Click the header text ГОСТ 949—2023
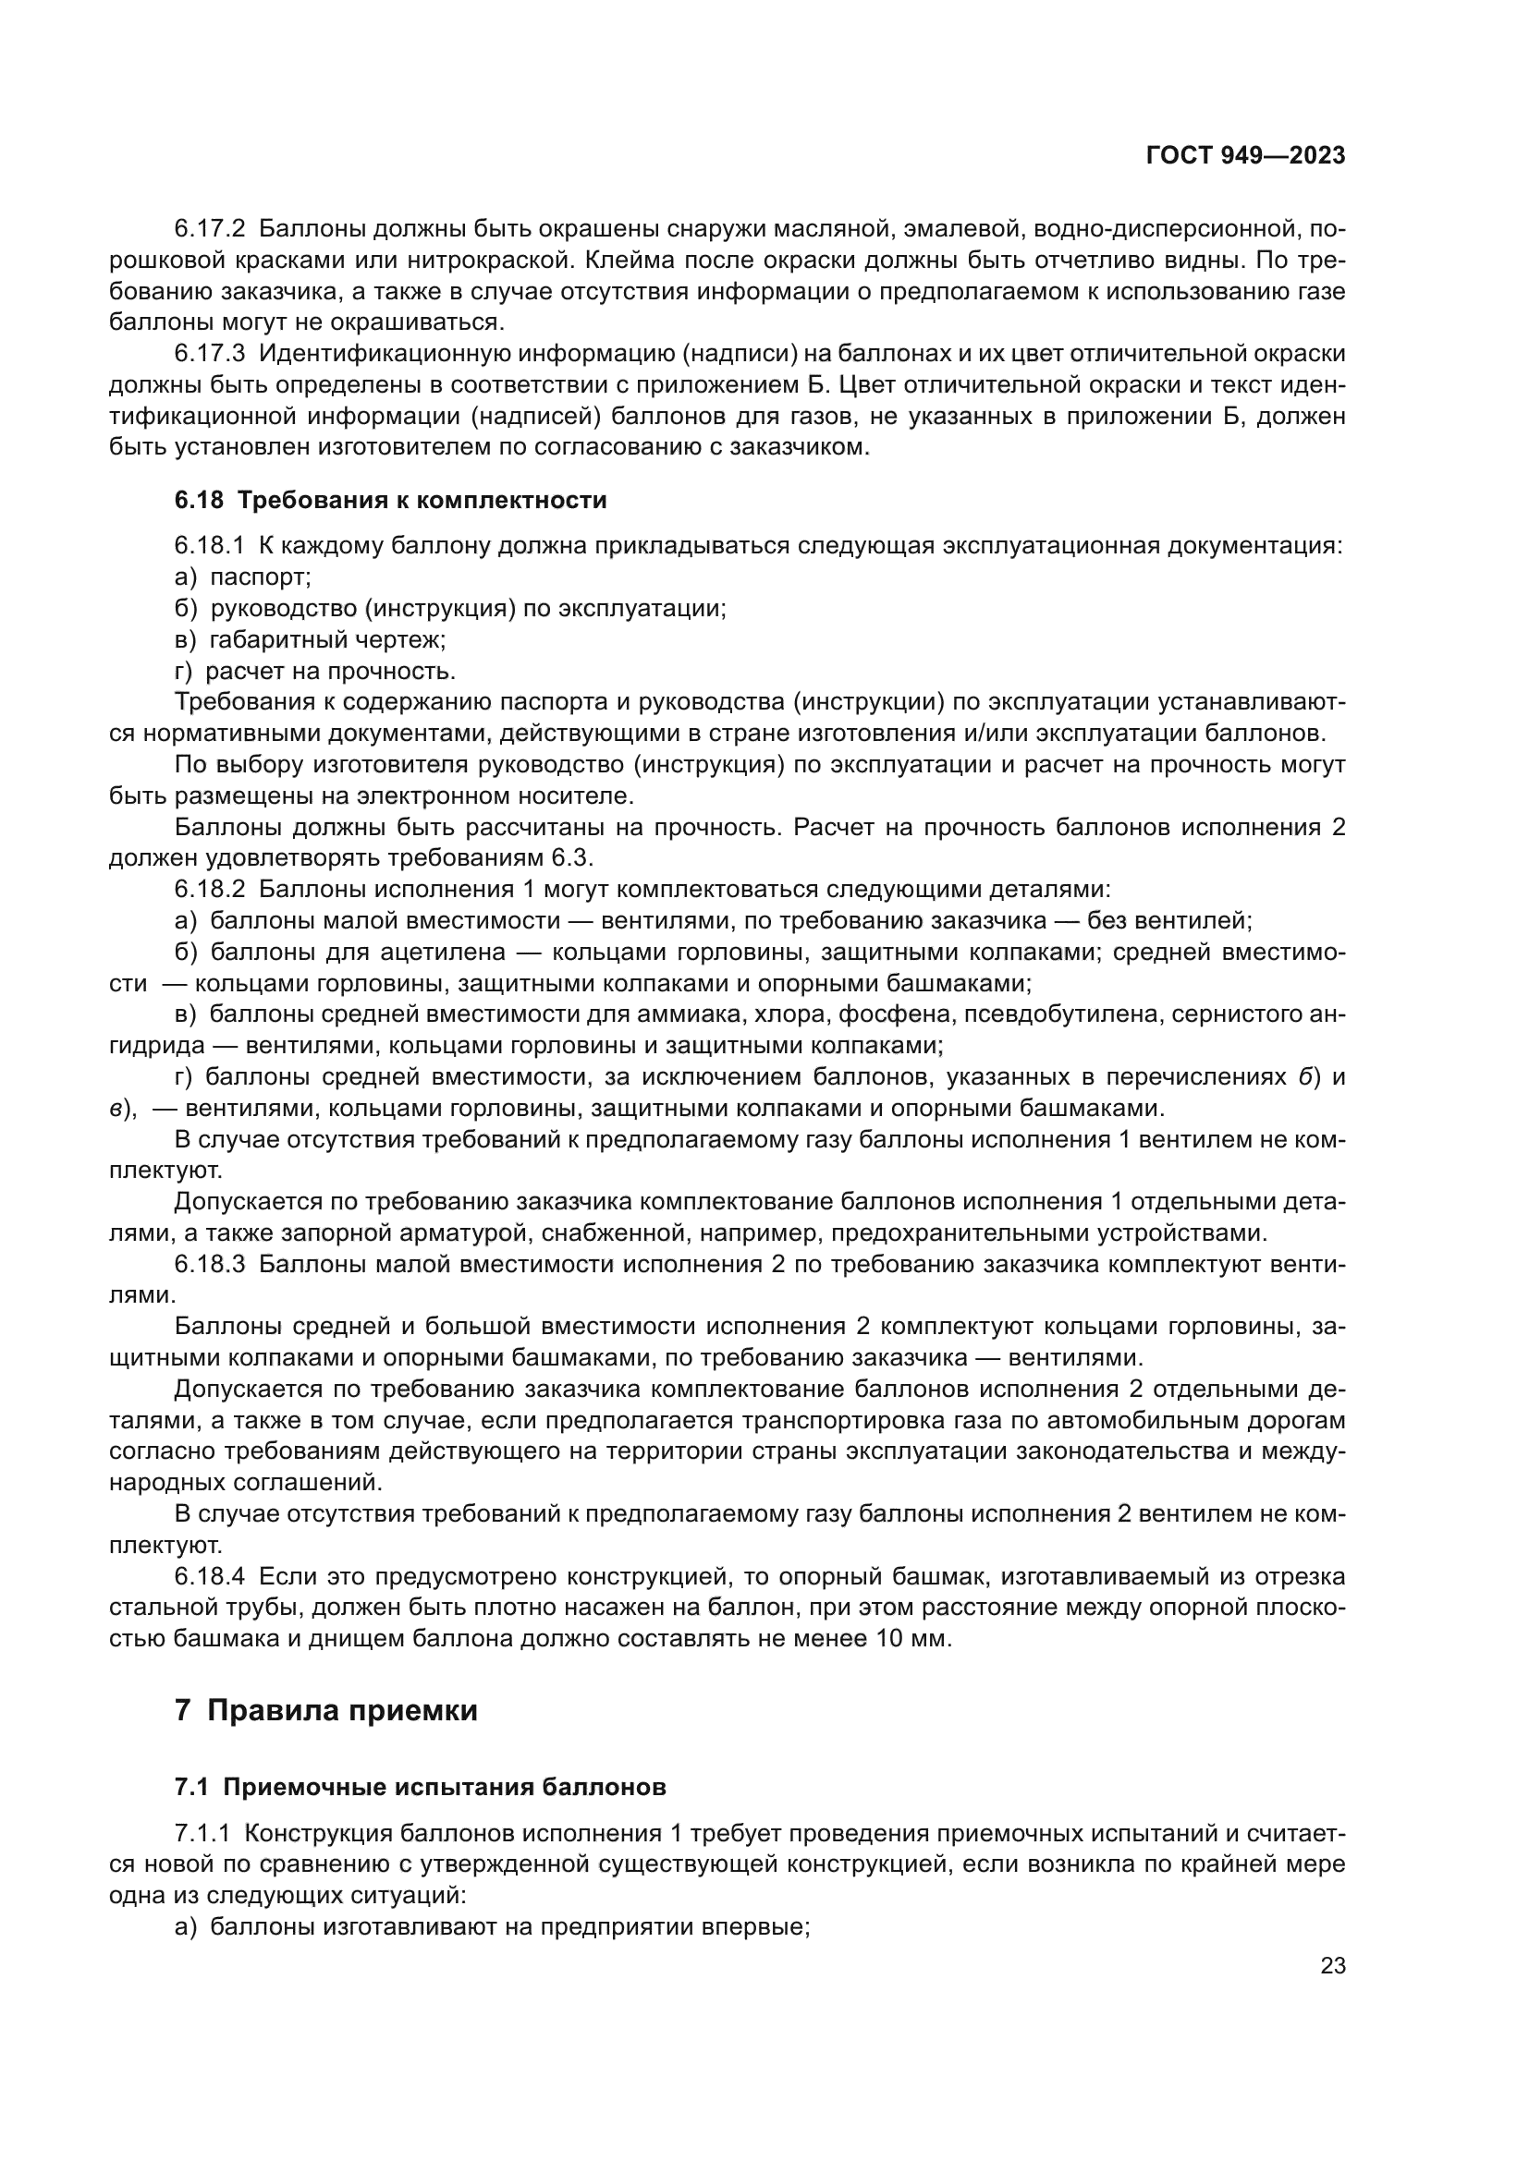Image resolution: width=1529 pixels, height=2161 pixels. pyautogui.click(x=1244, y=156)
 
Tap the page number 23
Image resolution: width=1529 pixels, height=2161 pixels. pyautogui.click(x=1332, y=1966)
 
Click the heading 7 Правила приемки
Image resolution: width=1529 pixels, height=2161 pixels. pyautogui.click(x=325, y=1710)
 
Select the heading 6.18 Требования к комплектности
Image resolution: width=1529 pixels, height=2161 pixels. pyautogui.click(x=390, y=501)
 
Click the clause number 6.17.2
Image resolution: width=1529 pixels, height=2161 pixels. pyautogui.click(x=209, y=229)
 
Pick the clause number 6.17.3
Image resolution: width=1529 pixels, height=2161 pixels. pyautogui.click(x=209, y=354)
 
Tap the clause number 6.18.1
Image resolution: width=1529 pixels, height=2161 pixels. pyautogui.click(x=209, y=546)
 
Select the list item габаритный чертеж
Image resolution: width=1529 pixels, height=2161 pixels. pyautogui.click(x=326, y=640)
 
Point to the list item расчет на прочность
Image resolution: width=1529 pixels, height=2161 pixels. pyautogui.click(x=329, y=671)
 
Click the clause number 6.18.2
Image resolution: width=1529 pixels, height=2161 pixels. pyautogui.click(x=209, y=890)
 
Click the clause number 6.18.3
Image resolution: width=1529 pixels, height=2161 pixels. pyautogui.click(x=209, y=1264)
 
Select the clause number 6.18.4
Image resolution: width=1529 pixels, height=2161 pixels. pyautogui.click(x=209, y=1576)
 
